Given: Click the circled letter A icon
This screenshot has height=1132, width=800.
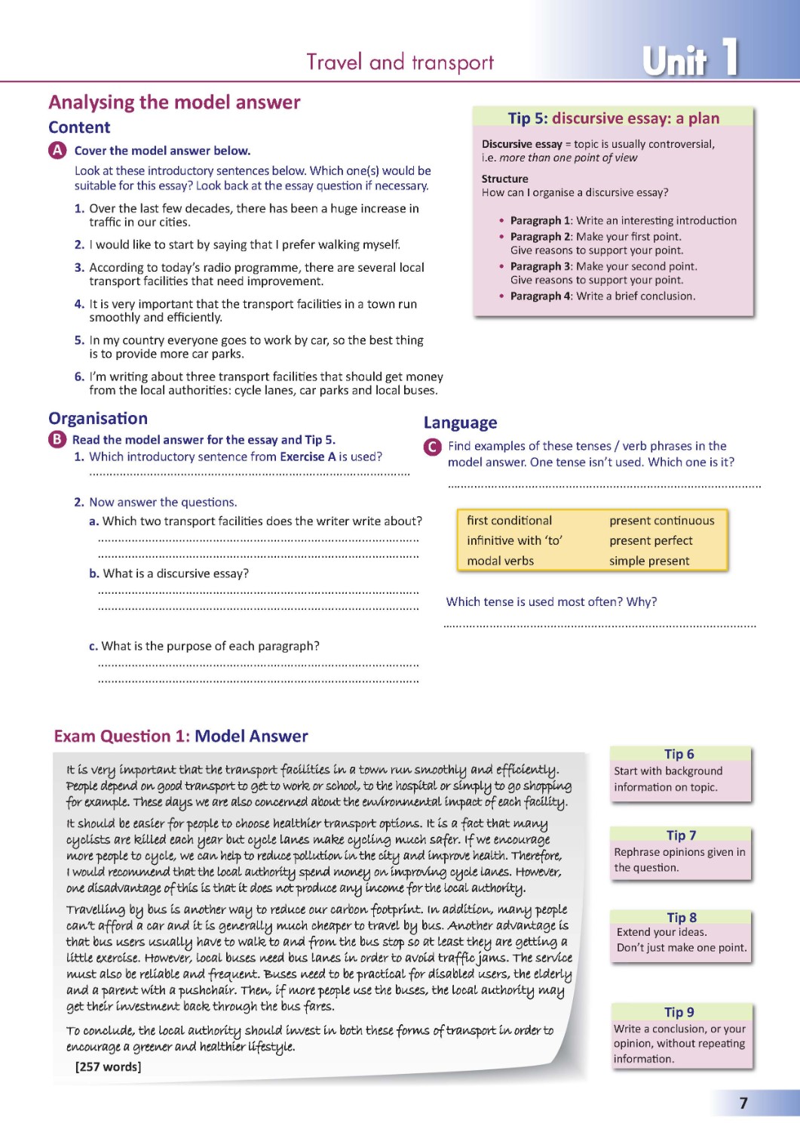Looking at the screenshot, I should click(57, 150).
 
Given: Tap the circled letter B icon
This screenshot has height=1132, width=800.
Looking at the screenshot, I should click(57, 439).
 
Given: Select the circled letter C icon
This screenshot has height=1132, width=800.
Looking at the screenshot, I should click(432, 447).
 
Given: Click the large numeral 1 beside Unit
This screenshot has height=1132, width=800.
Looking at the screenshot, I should click(729, 57).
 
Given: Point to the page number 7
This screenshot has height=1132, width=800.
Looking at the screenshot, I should click(743, 1103).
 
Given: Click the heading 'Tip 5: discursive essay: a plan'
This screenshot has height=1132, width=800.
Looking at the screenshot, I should click(613, 118).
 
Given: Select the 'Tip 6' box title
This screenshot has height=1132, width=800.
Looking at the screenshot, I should click(679, 754).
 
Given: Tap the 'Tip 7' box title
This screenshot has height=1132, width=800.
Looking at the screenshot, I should click(681, 835).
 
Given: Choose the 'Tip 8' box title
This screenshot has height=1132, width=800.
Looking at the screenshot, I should click(682, 917).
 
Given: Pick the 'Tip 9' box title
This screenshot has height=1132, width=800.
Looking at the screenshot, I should click(679, 1012).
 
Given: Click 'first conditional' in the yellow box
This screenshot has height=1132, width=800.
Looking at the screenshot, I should click(509, 521).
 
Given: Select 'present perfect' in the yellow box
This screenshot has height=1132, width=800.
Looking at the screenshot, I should click(651, 540).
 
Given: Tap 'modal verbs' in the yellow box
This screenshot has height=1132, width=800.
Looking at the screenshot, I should click(500, 561).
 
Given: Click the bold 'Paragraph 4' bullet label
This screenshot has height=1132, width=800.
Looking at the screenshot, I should click(541, 296).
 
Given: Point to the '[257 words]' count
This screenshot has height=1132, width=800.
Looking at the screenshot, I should click(108, 1066).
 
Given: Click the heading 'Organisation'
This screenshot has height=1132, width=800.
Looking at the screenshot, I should click(98, 418).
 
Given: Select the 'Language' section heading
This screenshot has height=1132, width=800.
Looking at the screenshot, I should click(460, 423).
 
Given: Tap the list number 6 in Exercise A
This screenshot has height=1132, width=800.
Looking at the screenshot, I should click(79, 377).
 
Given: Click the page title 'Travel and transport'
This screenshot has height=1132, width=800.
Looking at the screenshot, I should click(400, 62).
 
